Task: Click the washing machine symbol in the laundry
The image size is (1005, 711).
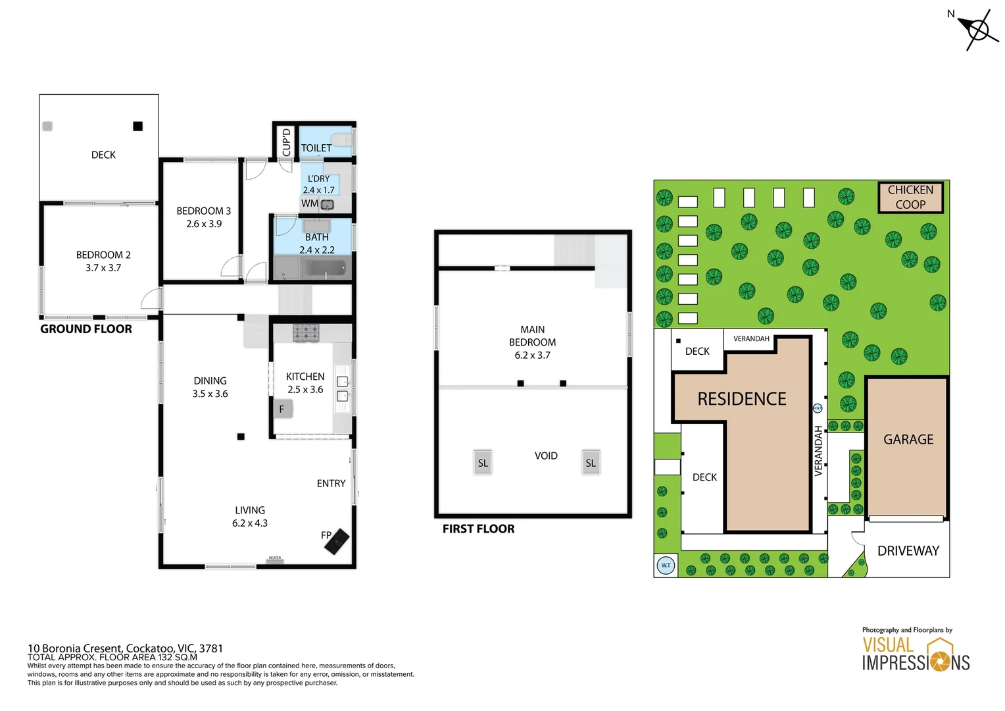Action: pos(327,204)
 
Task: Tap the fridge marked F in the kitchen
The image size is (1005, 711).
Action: pos(282,409)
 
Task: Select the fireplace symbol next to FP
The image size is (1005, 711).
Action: pos(337,541)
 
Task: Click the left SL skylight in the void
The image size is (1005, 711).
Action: pos(483,463)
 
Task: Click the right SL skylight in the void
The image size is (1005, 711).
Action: pos(591,463)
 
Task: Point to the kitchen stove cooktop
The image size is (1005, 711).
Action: pos(306,333)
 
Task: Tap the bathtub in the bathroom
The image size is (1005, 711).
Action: pos(325,268)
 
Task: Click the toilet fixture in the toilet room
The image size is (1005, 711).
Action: pos(341,140)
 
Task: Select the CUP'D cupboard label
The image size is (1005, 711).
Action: pos(286,142)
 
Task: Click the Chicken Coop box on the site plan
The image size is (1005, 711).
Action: pos(910,197)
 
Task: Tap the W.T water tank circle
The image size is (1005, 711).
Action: pos(666,566)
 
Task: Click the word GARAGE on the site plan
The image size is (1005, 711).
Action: pos(908,439)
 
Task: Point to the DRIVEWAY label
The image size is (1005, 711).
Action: pos(908,550)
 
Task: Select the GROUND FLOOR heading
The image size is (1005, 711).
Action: pos(86,329)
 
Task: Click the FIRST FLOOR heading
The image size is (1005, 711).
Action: pos(478,529)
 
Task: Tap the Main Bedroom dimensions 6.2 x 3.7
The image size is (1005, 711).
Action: pos(532,355)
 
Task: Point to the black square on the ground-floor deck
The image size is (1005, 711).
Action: pos(137,126)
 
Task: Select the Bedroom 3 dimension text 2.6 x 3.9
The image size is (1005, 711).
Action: pos(204,224)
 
